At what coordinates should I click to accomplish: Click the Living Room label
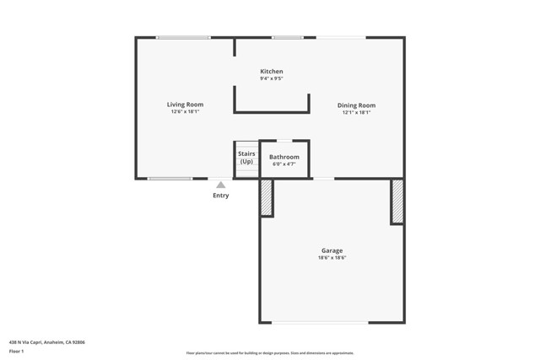(185, 105)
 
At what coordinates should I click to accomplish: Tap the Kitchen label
(271, 72)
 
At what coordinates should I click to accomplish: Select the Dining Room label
(356, 105)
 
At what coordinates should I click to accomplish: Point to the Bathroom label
(284, 157)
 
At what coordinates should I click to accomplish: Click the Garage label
(332, 250)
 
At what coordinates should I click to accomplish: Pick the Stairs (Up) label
(246, 158)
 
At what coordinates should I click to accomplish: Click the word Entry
(220, 196)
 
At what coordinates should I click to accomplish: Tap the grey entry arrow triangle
(220, 185)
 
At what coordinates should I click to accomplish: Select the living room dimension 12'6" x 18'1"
(185, 112)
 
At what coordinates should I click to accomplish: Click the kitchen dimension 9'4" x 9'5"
(271, 79)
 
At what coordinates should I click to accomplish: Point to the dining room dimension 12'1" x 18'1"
(356, 113)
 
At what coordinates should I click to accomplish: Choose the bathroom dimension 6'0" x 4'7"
(284, 164)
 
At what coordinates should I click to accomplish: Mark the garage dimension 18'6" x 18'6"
(332, 258)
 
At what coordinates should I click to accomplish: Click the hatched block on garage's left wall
(266, 197)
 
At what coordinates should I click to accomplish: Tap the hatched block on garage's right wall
(397, 201)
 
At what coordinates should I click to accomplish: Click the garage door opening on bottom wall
(320, 323)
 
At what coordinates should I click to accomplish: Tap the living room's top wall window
(184, 37)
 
